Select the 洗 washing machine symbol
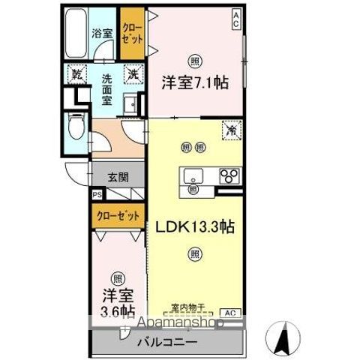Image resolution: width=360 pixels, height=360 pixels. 133,73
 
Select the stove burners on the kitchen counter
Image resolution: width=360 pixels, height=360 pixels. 227,177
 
